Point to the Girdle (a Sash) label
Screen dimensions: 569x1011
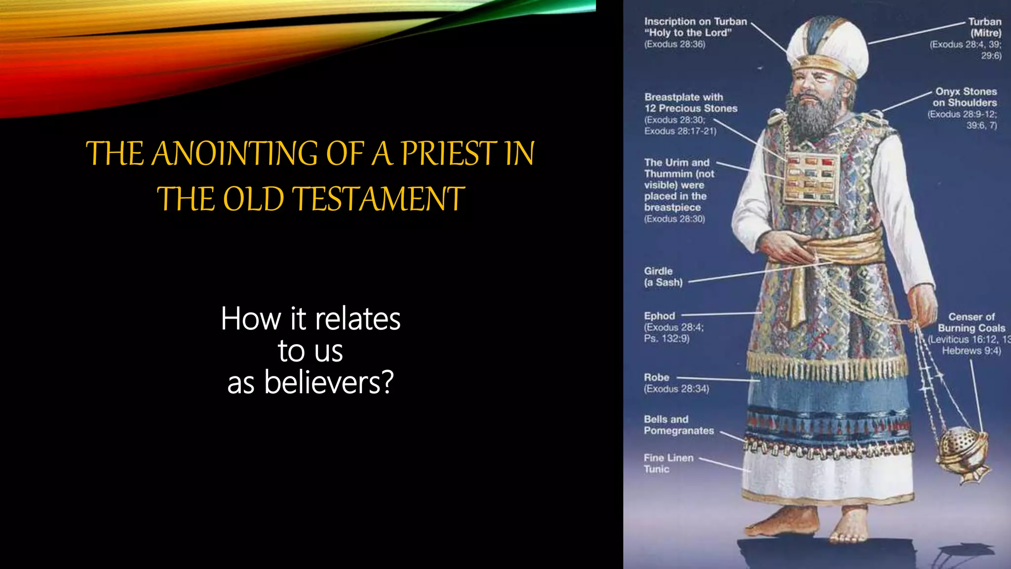pos(663,277)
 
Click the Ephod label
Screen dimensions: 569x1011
pos(659,316)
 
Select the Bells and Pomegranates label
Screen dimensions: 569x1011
pos(678,425)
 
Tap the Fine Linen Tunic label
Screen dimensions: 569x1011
pos(668,463)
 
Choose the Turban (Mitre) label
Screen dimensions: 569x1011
pos(984,27)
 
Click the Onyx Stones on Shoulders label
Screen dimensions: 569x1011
pos(965,97)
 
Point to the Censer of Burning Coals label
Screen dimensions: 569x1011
pos(971,323)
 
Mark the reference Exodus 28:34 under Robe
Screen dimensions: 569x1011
pos(676,389)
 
